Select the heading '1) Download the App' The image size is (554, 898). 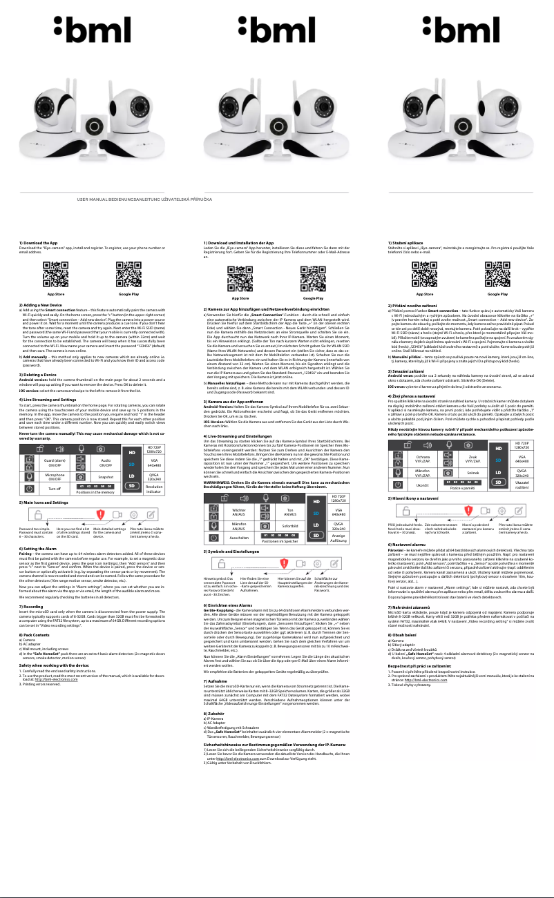pyautogui.click(x=37, y=243)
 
